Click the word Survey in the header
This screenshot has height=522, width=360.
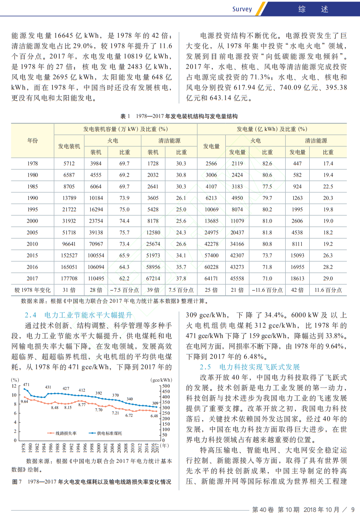pos(242,9)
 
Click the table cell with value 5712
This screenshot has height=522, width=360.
pos(69,163)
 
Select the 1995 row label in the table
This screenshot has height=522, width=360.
pos(32,209)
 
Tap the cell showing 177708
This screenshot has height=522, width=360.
pos(69,279)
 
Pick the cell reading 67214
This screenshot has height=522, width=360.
pos(153,279)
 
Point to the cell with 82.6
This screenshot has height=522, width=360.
pos(267,163)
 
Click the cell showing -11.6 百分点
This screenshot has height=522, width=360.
pos(267,290)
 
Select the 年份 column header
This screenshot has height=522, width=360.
pos(32,141)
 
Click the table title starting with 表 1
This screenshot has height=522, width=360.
pos(179,116)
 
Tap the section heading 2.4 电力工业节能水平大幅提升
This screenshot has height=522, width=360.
pos(79,315)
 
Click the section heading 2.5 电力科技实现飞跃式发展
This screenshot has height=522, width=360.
pos(250,367)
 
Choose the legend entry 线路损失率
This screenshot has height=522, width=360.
pos(62,433)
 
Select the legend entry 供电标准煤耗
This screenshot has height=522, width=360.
pos(105,433)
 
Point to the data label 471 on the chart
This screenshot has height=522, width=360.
pos(26,385)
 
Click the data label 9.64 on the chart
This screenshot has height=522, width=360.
pos(24,402)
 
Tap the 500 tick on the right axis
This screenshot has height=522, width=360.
pos(166,386)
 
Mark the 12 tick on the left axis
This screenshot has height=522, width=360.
pos(14,386)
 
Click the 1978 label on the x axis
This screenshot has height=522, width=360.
pos(23,448)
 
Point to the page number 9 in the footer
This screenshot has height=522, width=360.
pos(353,510)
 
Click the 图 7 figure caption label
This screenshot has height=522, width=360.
pos(17,482)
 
